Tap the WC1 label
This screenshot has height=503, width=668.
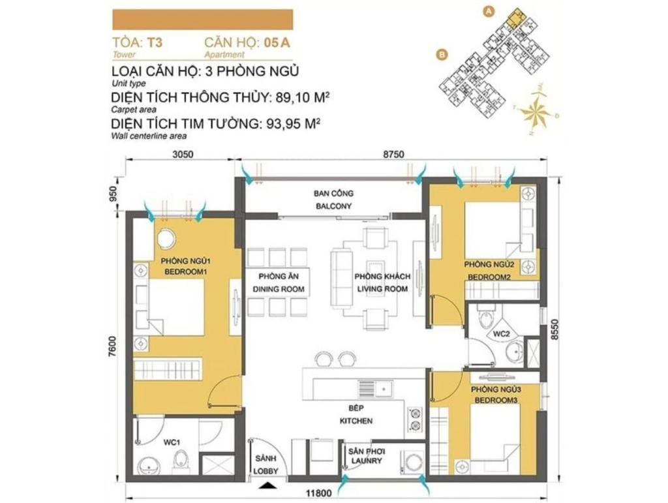172,442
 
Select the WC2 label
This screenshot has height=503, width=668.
501,334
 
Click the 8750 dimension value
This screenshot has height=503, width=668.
393,154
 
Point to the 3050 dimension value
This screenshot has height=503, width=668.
183,154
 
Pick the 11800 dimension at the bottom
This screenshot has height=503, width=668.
318,494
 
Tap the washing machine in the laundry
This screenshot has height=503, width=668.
412,463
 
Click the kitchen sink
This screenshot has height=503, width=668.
375,388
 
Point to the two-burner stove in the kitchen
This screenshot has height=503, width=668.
414,419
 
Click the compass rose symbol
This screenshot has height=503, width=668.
535,112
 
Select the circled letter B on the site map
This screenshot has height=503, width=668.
442,54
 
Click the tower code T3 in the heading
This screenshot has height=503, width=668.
155,42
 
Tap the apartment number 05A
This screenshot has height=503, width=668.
277,42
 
